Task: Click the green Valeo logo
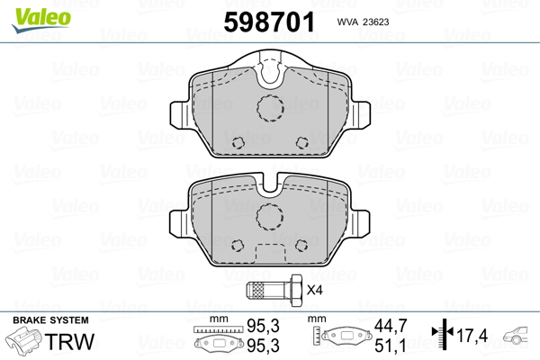point(41,20)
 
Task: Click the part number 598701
point(269,22)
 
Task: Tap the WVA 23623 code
point(363,22)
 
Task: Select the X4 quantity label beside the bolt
point(314,290)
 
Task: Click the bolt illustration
point(274,291)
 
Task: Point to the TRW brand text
point(69,341)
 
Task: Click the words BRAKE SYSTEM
point(50,320)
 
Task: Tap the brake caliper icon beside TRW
point(24,338)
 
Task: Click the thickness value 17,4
point(472,336)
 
